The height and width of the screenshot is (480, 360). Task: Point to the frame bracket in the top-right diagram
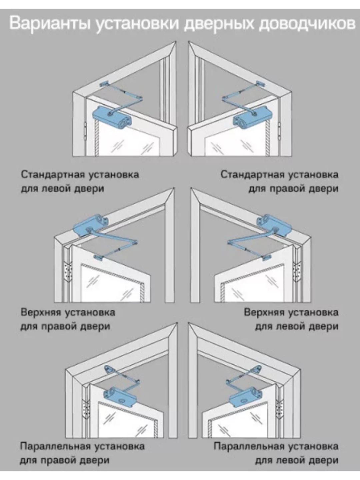260,83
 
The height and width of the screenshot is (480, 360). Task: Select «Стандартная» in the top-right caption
252,175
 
